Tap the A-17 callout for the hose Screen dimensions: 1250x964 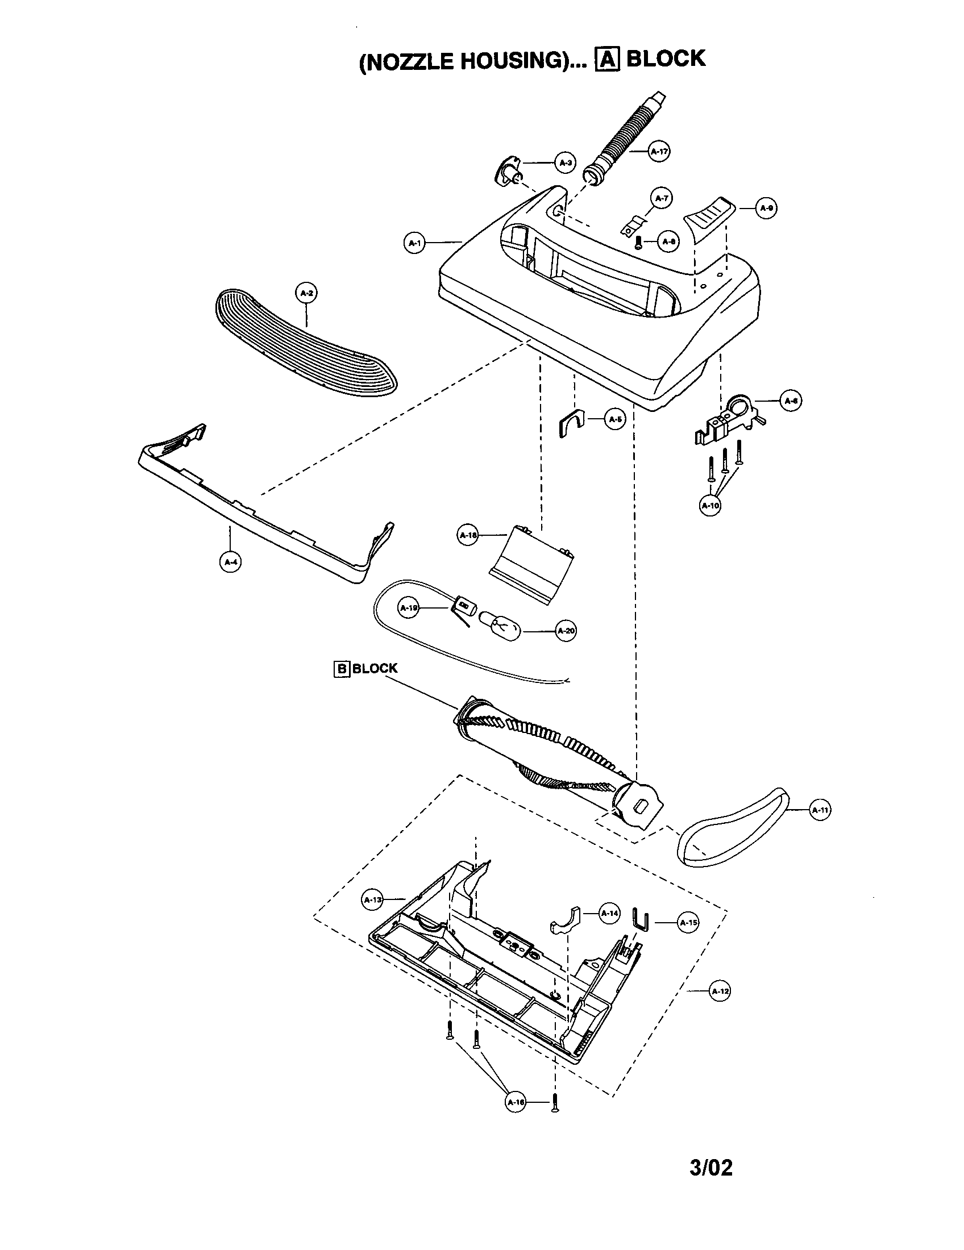point(659,151)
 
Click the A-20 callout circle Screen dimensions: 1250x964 point(566,631)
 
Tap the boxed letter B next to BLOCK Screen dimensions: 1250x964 point(341,669)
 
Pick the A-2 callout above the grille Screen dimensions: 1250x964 point(306,293)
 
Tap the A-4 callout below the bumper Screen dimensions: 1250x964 point(230,562)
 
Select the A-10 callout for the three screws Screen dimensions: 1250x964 point(710,505)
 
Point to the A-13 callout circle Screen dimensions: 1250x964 point(373,900)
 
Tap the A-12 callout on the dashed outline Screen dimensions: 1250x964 point(720,991)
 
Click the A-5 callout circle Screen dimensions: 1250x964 point(615,419)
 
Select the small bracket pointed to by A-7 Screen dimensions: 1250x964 point(634,226)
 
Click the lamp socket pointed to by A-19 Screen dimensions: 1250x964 point(466,606)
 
